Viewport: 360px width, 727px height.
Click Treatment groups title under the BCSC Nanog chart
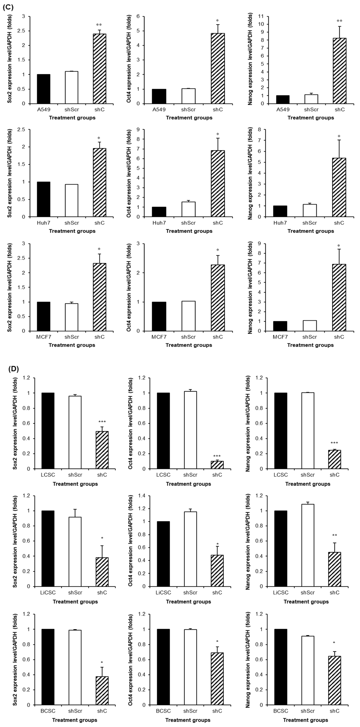click(305, 720)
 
